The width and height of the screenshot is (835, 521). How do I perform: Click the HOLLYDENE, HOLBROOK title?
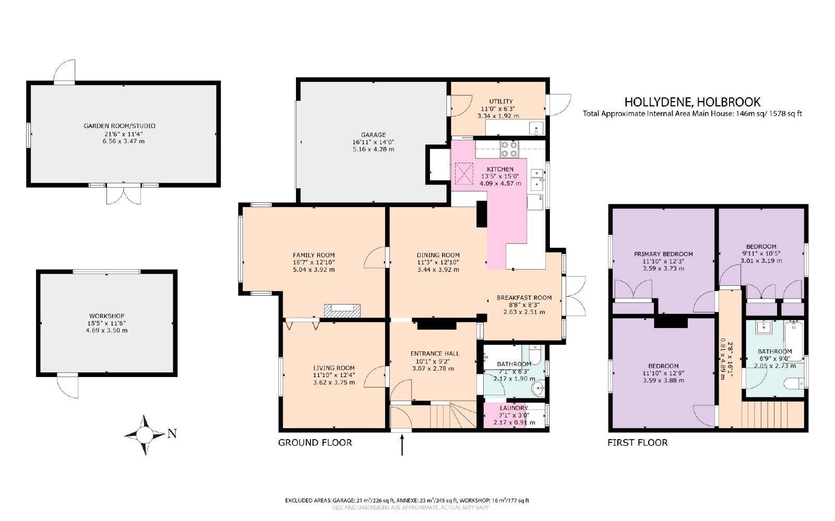tap(692, 102)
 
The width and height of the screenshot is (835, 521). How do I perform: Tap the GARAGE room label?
tap(373, 135)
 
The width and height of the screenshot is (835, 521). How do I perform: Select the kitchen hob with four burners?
tap(509, 149)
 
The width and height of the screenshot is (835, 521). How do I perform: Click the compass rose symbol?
tap(145, 434)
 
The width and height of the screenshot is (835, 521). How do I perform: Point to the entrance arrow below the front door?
tap(402, 445)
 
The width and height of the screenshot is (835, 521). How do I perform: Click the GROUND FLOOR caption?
tap(315, 442)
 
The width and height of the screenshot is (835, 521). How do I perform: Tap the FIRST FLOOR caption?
tap(637, 442)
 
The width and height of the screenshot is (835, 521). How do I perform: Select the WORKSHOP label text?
tap(106, 316)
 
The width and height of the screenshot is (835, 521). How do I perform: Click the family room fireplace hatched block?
tap(342, 311)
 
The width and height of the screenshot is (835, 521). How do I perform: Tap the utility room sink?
tap(536, 128)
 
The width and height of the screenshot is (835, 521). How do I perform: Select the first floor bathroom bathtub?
tap(794, 341)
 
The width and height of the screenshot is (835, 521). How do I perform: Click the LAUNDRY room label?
tap(514, 408)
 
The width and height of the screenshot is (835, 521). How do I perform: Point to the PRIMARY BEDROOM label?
tap(663, 254)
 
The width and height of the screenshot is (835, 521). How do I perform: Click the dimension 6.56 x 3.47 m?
tap(123, 141)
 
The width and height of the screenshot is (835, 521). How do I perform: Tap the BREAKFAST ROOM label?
tap(524, 298)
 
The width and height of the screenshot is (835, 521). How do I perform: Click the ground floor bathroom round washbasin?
tap(538, 389)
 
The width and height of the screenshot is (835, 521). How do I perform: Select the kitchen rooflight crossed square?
tap(464, 174)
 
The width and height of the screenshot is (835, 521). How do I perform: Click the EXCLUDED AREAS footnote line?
tap(407, 501)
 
